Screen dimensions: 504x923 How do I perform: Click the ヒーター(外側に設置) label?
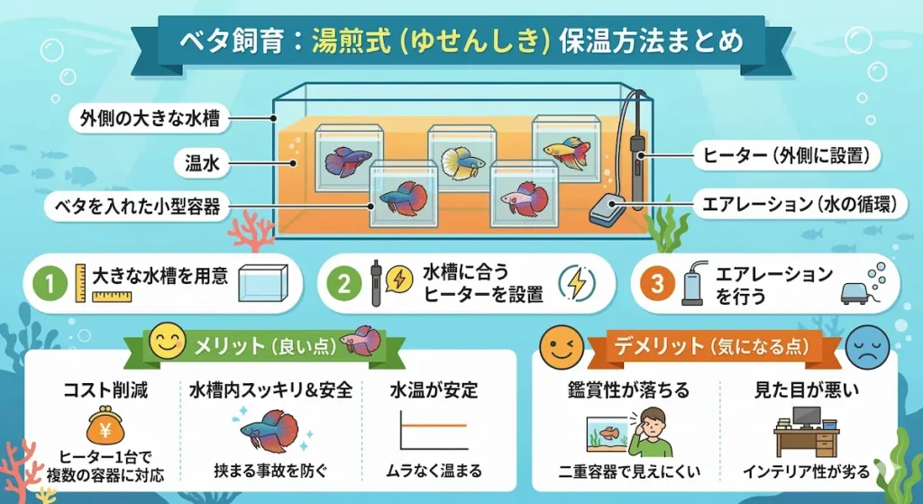(x=786, y=155)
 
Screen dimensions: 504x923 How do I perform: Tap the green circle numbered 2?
(x=343, y=284)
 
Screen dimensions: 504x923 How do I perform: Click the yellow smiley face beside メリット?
(x=164, y=342)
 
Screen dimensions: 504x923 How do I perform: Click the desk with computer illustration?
(x=806, y=432)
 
